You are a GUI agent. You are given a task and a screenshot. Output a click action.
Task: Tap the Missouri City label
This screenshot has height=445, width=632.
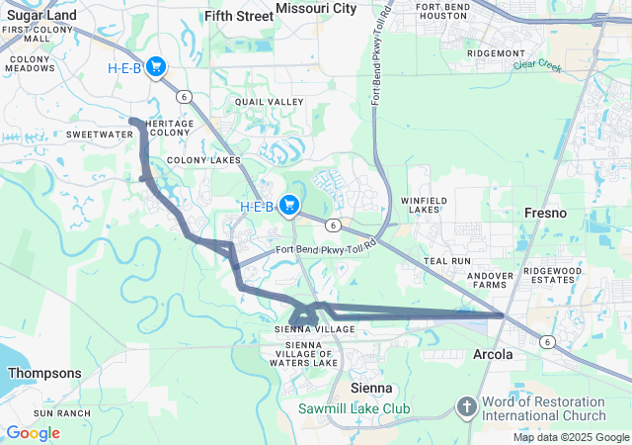click(316, 8)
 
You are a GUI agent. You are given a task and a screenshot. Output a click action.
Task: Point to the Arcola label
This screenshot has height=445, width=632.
click(493, 354)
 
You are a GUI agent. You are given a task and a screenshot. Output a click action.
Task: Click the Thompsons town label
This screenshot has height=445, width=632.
click(44, 373)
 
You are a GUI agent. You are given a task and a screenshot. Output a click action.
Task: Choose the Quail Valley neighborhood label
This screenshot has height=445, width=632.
click(263, 101)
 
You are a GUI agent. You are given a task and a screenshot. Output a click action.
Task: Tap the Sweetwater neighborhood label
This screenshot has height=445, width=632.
click(100, 133)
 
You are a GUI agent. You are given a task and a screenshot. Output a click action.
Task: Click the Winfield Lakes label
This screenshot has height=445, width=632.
click(426, 205)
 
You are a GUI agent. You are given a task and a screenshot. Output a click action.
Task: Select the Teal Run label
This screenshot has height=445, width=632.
click(447, 260)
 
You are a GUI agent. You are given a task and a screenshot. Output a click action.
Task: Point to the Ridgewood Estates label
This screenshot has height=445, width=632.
click(554, 275)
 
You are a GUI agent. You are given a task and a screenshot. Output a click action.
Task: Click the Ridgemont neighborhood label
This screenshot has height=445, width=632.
click(497, 52)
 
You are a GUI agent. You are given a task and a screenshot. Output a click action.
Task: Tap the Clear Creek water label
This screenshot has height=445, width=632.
click(537, 67)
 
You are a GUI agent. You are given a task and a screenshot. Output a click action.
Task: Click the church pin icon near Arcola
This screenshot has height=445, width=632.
click(467, 405)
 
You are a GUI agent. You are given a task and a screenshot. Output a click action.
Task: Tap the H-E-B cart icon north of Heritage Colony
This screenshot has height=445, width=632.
click(157, 67)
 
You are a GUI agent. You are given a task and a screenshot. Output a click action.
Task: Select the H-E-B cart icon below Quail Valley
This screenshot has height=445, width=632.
click(289, 205)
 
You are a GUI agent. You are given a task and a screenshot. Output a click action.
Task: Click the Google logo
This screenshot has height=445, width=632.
click(33, 432)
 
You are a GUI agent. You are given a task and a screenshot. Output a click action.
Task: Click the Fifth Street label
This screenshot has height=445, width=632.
click(238, 16)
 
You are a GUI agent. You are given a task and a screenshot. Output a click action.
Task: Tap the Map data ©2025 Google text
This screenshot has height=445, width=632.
click(571, 437)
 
